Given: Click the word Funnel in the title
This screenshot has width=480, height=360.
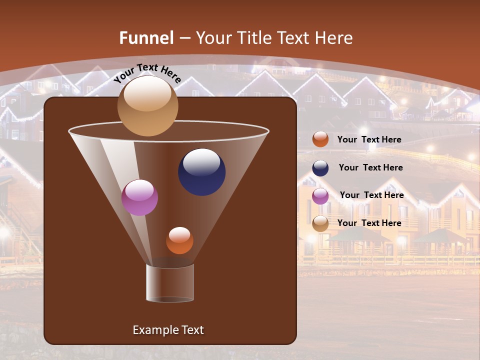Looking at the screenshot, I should point(146,38).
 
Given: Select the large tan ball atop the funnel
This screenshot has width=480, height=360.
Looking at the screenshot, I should point(147,106).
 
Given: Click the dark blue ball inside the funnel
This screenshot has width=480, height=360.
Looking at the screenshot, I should point(201,171).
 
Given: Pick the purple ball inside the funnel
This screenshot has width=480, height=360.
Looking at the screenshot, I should point(139,197).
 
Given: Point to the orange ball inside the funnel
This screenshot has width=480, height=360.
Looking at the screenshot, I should point(179,240).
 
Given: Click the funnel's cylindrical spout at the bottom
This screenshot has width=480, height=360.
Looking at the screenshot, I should point(170,283).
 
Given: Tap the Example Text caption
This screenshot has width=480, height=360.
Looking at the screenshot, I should point(168,330).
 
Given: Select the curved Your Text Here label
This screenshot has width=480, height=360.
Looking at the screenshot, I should point(147,73).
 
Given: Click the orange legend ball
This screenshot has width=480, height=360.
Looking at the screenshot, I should point(320,139).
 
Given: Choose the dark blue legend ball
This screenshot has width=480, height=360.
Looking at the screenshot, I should point(320,168).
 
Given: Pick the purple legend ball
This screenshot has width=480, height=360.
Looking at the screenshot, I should point(320,195).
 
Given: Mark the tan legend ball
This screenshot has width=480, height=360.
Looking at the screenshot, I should point(320,223).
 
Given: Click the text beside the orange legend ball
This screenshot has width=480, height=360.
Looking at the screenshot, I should point(369,139).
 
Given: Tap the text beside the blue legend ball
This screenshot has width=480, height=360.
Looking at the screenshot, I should point(370,167).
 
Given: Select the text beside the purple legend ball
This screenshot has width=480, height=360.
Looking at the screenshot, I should point(371,195).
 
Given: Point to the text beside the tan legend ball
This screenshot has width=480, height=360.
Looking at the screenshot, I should point(369,223).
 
